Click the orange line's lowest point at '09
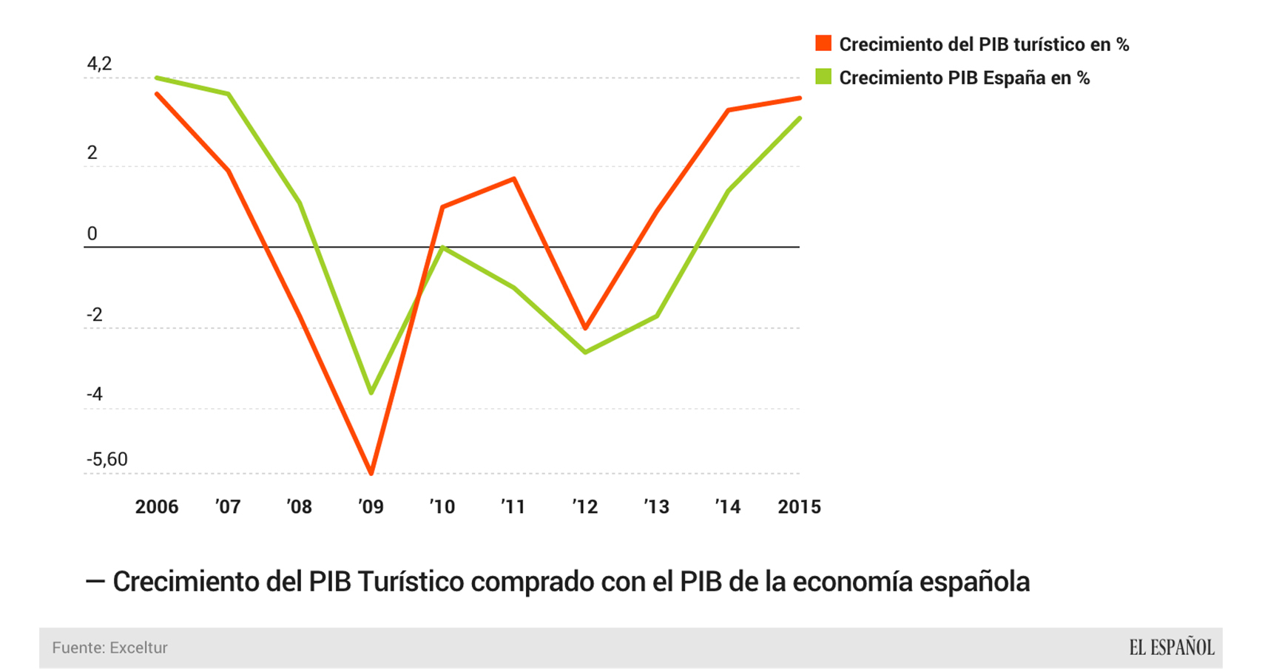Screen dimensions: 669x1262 371,472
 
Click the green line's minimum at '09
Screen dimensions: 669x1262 371,392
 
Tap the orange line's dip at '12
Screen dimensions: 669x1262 585,327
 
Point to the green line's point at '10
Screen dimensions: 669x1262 442,248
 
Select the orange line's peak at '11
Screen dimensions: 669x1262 513,179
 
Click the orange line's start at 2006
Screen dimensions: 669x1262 157,94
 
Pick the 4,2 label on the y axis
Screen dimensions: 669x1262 99,64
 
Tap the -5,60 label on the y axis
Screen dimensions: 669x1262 107,459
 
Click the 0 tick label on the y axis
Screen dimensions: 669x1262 92,234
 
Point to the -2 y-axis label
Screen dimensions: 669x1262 95,315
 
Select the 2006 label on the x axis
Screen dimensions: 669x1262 157,507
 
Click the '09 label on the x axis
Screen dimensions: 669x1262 371,507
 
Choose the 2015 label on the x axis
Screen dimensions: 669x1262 799,507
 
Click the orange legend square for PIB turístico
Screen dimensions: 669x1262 823,43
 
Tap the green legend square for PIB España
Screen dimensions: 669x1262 823,76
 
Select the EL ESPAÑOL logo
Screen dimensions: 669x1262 1171,648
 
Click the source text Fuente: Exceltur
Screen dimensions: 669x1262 109,648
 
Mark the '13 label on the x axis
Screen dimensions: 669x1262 656,507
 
